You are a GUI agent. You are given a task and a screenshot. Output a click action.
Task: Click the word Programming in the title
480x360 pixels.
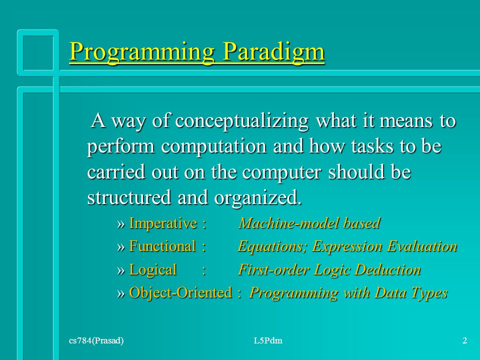141,51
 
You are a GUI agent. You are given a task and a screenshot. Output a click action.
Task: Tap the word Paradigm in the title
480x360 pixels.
273,51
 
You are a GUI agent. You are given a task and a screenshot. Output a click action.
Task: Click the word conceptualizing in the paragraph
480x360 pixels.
242,121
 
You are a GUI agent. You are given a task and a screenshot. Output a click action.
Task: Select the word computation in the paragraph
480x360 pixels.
213,146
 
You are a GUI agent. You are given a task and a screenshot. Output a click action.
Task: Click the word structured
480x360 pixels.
129,197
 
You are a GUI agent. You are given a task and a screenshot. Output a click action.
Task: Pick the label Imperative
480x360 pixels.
163,223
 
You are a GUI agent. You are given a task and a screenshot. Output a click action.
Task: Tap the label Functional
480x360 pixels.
162,246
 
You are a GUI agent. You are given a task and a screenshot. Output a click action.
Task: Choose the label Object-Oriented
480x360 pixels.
180,292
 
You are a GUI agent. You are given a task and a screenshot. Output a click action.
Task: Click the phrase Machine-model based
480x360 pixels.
309,223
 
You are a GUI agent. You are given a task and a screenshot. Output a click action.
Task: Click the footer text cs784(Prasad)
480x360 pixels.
96,340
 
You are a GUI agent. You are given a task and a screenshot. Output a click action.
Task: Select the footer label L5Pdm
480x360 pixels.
268,340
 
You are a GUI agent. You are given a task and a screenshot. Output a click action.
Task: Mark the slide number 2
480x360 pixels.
464,340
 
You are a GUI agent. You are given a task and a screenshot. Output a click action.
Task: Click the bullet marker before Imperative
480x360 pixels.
121,224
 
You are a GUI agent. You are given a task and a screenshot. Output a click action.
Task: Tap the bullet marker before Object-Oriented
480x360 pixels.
121,293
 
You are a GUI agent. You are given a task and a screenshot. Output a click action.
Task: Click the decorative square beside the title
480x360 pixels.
37,32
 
